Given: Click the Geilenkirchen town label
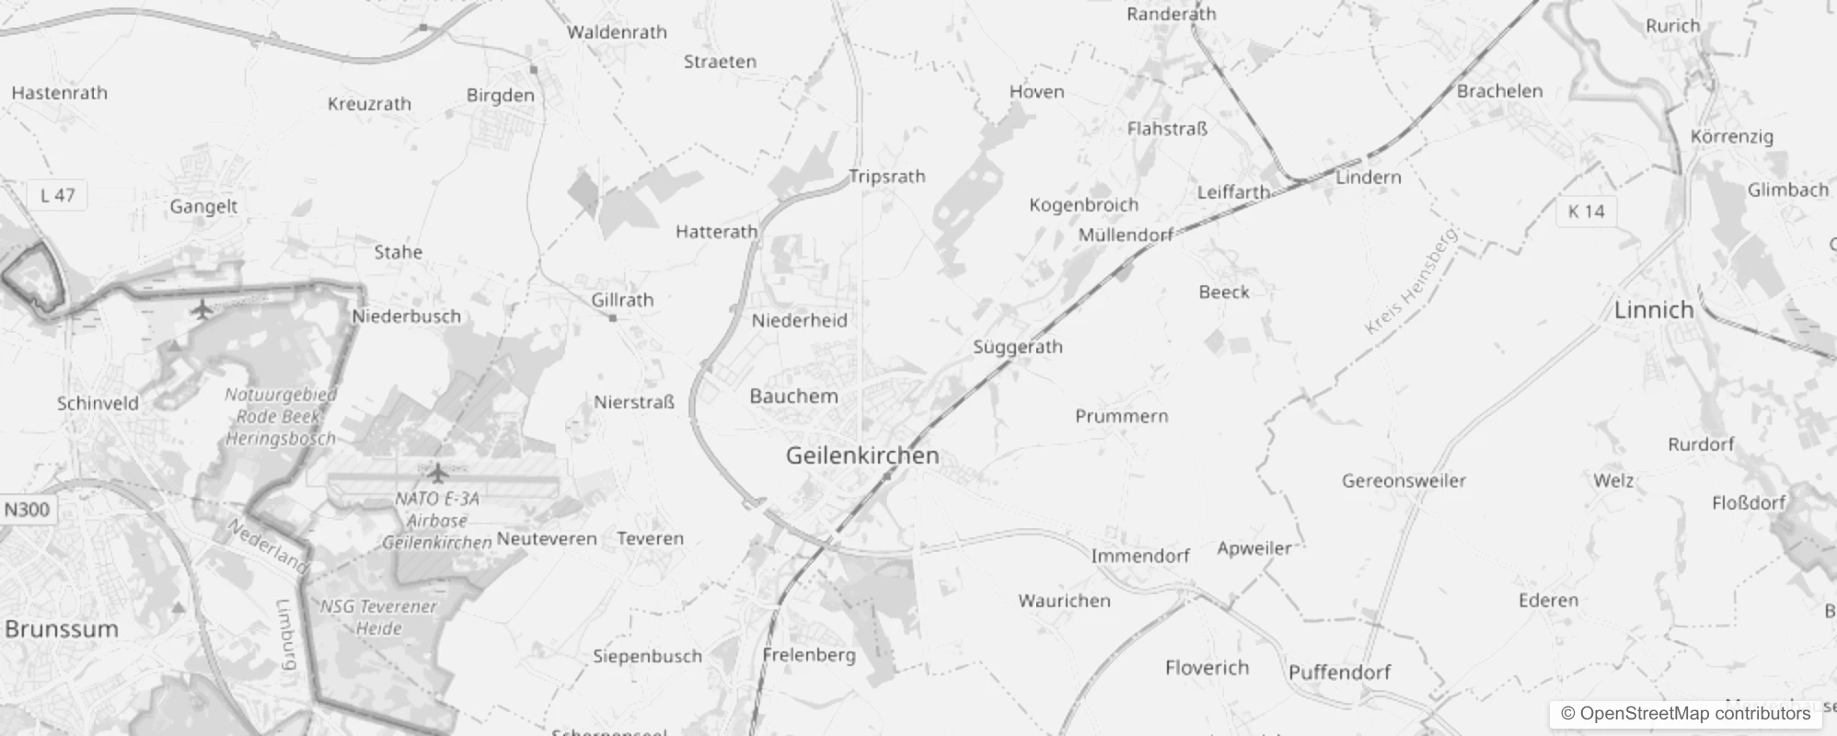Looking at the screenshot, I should (x=862, y=455).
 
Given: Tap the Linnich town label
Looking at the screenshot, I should (x=1654, y=310).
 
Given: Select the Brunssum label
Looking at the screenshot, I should (x=62, y=629).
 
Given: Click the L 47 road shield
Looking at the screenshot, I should (x=58, y=195).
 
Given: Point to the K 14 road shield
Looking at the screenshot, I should (x=1586, y=212).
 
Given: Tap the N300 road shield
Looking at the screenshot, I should (x=27, y=510).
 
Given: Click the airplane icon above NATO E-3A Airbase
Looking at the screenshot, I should (x=438, y=473).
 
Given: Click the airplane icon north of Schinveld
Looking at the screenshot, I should (x=202, y=309).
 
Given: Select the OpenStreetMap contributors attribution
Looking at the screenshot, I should (x=1685, y=714).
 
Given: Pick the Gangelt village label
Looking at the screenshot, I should (x=203, y=207).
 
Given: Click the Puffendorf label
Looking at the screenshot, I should (x=1339, y=673).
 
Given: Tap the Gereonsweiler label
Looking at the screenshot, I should (x=1404, y=481).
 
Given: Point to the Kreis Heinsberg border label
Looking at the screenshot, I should (x=1412, y=282).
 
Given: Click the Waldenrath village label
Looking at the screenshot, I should (x=617, y=33).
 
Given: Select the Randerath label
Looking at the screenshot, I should (x=1171, y=14).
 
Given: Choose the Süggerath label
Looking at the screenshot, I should (x=1018, y=348).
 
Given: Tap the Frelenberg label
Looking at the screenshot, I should (x=809, y=656).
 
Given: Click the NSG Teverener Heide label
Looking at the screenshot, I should (x=378, y=617).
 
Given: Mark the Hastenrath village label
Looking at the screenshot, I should (x=60, y=93).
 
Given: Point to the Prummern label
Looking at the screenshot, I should (x=1122, y=417).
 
